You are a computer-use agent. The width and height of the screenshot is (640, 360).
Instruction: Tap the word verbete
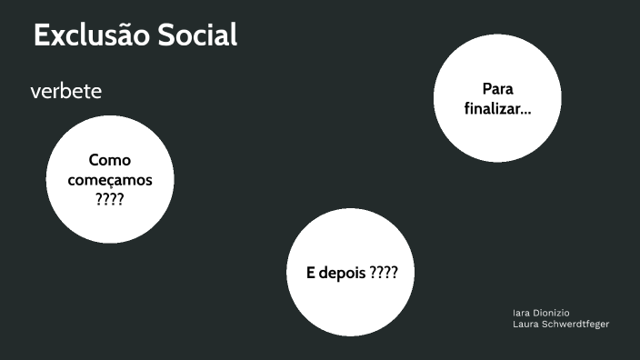pyautogui.click(x=65, y=92)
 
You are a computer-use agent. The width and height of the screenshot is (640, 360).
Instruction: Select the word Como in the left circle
pyautogui.click(x=110, y=161)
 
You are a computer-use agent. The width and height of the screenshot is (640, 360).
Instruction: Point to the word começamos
pyautogui.click(x=110, y=180)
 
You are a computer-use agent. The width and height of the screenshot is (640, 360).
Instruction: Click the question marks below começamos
pyautogui.click(x=110, y=198)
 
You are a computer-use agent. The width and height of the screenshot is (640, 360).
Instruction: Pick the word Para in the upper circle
pyautogui.click(x=498, y=89)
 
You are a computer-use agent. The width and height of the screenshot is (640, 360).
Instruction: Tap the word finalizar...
pyautogui.click(x=495, y=109)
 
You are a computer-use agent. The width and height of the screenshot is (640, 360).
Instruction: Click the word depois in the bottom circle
pyautogui.click(x=344, y=273)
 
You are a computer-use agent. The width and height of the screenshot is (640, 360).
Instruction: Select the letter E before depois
pyautogui.click(x=311, y=273)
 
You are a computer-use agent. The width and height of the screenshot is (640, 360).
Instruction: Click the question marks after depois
pyautogui.click(x=385, y=273)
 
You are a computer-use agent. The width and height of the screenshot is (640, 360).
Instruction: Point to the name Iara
pyautogui.click(x=522, y=313)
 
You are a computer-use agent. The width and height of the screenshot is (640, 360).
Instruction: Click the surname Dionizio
pyautogui.click(x=553, y=313)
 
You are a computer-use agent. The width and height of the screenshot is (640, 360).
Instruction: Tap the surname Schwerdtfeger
pyautogui.click(x=575, y=325)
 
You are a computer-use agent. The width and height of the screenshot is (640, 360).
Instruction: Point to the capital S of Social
pyautogui.click(x=167, y=35)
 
